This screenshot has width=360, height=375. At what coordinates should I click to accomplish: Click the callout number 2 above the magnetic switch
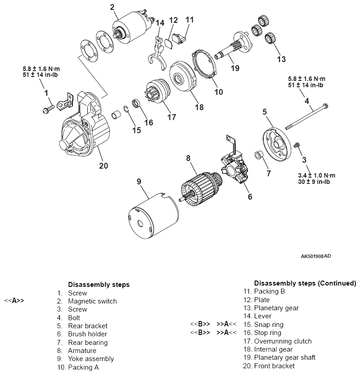point(112,7)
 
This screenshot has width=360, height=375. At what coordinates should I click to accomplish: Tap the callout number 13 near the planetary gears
point(281,59)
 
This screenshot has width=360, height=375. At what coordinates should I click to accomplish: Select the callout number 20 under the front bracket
point(103,165)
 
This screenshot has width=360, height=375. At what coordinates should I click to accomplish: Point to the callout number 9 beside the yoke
point(139,182)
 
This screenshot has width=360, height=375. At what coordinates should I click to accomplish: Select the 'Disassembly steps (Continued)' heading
point(305,283)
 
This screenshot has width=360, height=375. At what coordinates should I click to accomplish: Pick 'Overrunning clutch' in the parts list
point(283,341)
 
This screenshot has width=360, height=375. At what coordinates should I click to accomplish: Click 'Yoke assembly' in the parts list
point(90,359)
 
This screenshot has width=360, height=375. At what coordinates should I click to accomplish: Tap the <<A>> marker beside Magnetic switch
point(14,301)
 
